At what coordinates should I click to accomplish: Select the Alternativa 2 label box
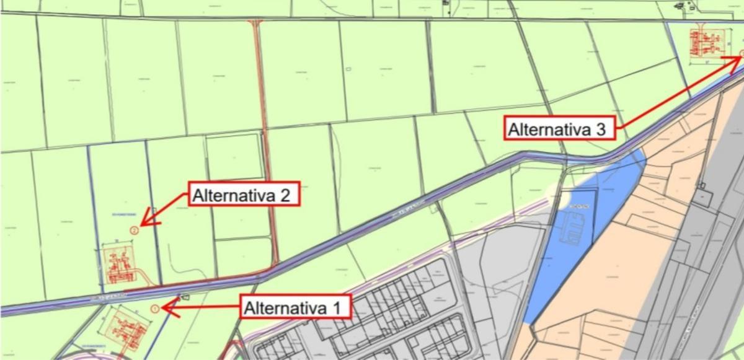point(244,195)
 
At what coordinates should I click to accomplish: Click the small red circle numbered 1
point(154,308)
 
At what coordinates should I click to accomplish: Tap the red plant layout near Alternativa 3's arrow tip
point(708,43)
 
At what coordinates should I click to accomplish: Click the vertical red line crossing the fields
point(265,136)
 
